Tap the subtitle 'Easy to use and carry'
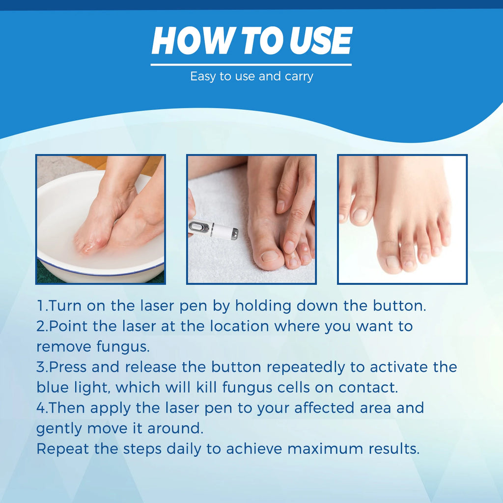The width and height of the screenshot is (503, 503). point(251,77)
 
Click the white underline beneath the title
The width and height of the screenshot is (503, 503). point(251,64)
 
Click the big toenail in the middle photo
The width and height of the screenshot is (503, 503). point(270,256)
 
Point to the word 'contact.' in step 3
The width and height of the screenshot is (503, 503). point(367,388)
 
